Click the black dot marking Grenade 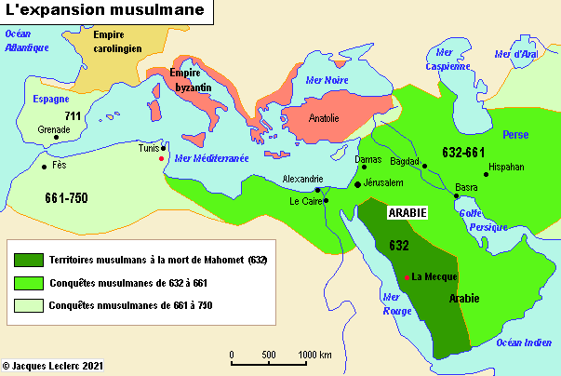click(57, 138)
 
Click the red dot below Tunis click(161, 158)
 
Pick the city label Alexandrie click(303, 179)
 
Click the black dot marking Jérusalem click(358, 185)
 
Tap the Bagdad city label click(406, 160)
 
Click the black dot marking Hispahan click(486, 174)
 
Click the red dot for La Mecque click(407, 276)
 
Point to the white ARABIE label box click(407, 212)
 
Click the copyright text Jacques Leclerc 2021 click(52, 368)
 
